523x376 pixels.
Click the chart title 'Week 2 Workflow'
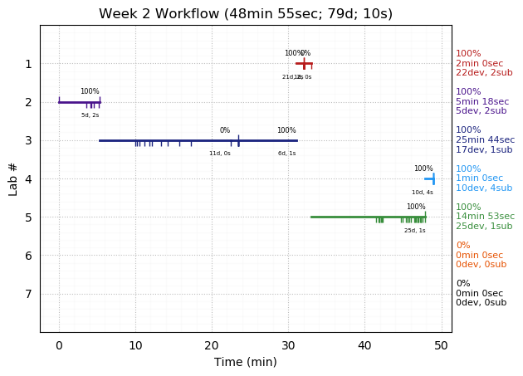tap(246, 14)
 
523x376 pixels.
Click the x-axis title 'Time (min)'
tap(246, 362)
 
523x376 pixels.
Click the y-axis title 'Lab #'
tap(13, 178)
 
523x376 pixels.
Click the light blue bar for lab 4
tap(428, 178)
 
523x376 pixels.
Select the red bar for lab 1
tap(303, 63)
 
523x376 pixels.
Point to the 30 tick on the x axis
tap(288, 344)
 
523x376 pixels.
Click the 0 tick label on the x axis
tap(59, 344)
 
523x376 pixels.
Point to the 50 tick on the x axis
tap(441, 344)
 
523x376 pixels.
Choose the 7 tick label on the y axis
tap(28, 294)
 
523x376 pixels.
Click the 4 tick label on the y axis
tap(28, 178)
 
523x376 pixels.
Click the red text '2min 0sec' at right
tap(479, 63)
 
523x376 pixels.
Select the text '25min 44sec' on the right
tap(485, 140)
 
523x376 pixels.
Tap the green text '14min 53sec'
tap(485, 217)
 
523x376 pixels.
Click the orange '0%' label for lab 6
tap(462, 246)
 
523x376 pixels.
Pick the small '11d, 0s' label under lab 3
tap(220, 154)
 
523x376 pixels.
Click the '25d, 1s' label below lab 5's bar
tap(415, 231)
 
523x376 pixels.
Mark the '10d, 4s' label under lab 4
tap(423, 193)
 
